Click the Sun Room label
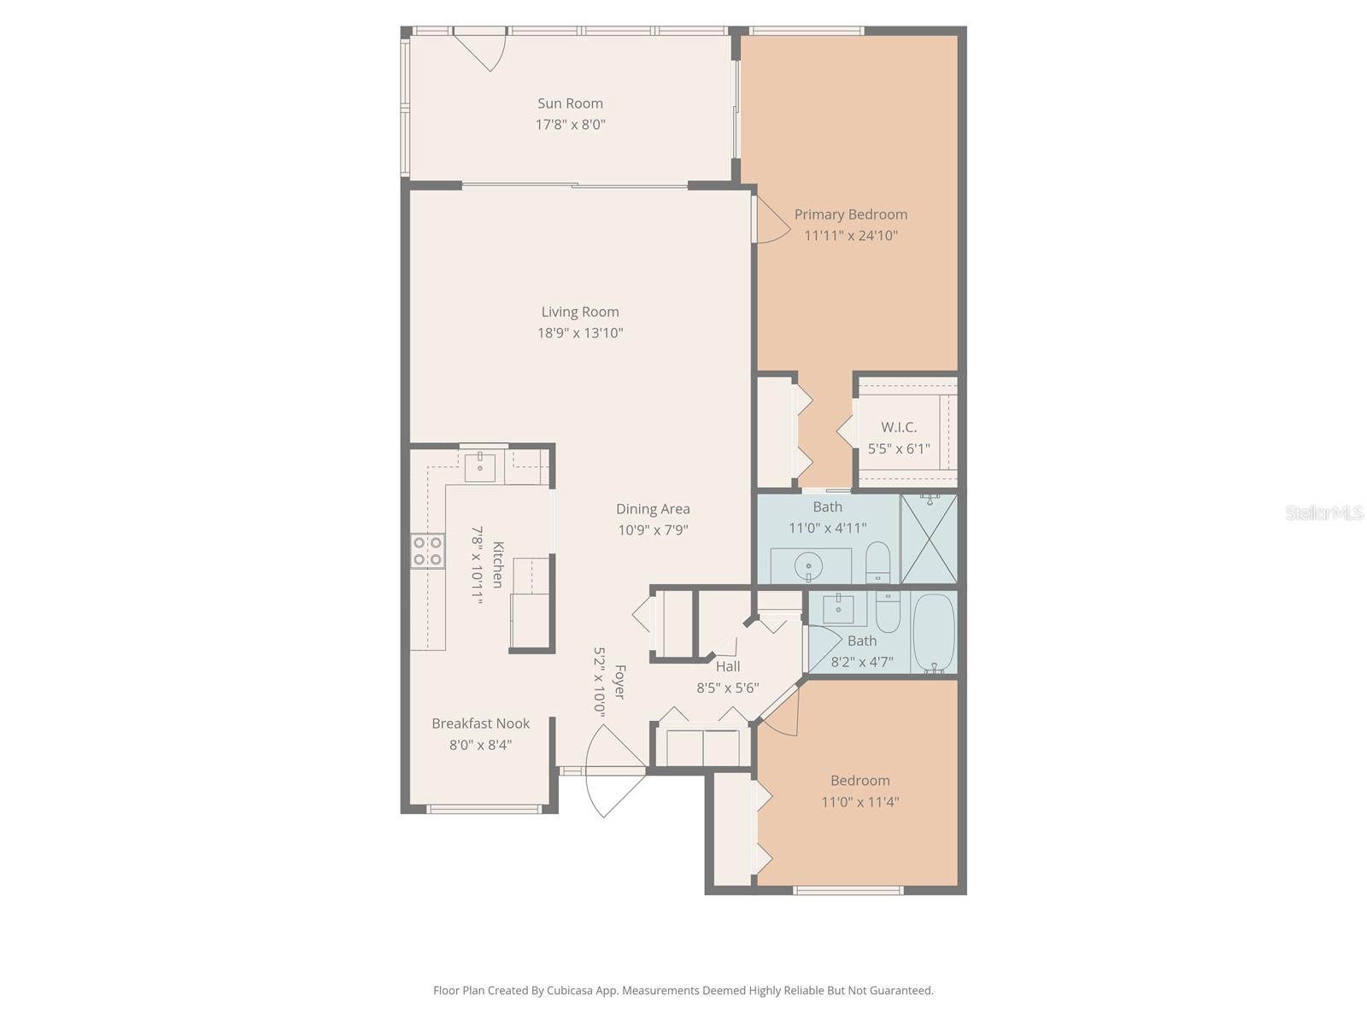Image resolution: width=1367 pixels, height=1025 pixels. [570, 103]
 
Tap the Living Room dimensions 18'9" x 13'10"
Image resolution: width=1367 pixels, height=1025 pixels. [580, 333]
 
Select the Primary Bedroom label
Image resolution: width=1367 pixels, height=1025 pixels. [851, 214]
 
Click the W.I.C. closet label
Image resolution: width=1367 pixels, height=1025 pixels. [898, 427]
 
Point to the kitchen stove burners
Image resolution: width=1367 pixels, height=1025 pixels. [427, 551]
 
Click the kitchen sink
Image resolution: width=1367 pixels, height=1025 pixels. [480, 468]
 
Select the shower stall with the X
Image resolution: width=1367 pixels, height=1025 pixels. [929, 538]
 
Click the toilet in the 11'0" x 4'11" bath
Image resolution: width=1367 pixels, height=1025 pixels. [878, 561]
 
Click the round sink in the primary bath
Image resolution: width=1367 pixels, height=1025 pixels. [807, 565]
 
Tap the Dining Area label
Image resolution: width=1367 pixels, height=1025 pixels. [653, 509]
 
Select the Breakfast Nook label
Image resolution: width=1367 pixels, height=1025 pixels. [480, 723]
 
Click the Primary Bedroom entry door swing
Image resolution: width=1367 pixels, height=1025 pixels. [770, 220]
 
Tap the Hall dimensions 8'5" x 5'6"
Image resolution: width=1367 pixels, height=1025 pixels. [728, 688]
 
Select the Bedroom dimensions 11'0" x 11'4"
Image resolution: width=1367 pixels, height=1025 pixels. [860, 802]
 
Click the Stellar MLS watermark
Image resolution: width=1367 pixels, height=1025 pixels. [1323, 512]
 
